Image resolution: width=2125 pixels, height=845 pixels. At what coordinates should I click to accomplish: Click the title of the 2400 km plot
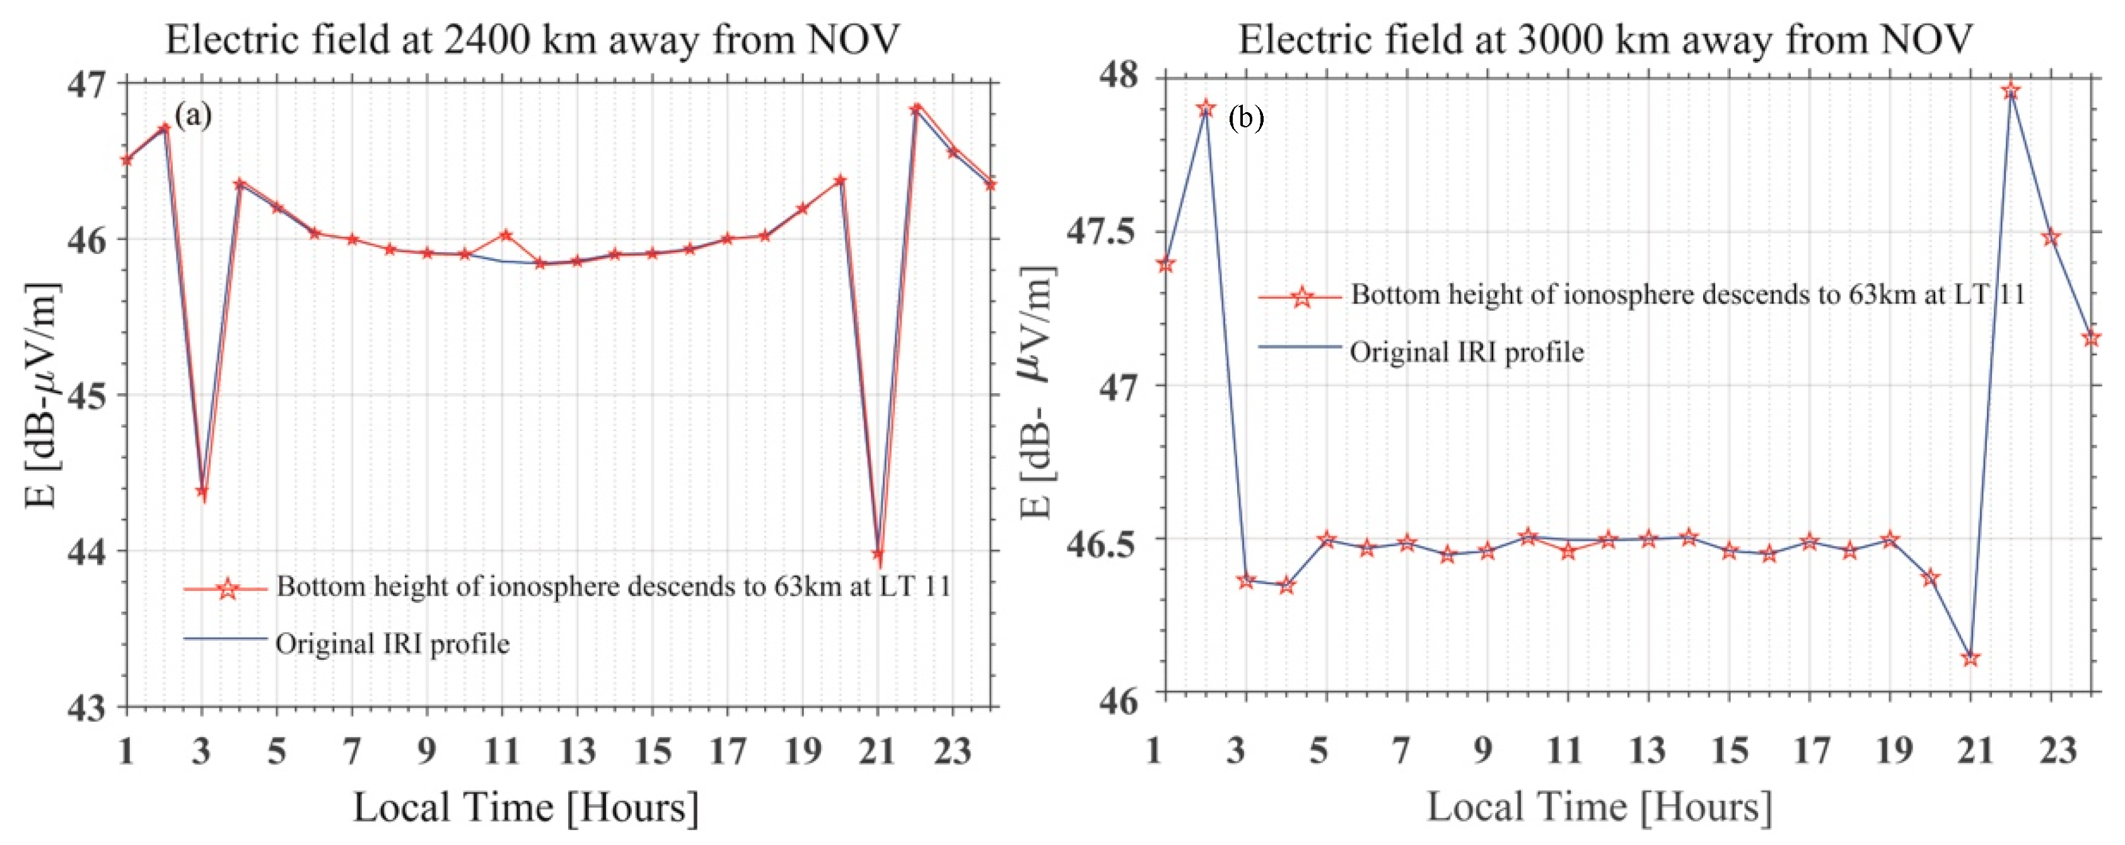[x=532, y=40]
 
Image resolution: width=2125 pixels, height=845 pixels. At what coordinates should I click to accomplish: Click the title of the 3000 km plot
[x=1605, y=40]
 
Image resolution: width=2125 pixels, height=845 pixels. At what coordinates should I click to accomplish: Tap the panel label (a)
[x=193, y=115]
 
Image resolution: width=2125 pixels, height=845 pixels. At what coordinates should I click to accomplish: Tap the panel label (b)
[x=1245, y=118]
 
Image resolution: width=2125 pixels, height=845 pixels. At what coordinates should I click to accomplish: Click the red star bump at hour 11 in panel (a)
[x=506, y=236]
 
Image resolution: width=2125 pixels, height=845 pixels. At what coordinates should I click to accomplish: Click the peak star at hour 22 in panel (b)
[x=2010, y=90]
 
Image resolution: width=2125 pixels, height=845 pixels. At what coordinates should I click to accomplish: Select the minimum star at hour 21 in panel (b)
[x=1970, y=658]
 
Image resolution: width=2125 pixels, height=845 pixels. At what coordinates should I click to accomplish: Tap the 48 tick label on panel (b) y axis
[x=1118, y=77]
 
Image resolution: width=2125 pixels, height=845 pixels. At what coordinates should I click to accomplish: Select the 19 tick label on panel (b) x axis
[x=1892, y=751]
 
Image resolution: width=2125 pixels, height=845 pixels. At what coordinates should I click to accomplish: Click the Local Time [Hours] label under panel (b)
[x=1598, y=807]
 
